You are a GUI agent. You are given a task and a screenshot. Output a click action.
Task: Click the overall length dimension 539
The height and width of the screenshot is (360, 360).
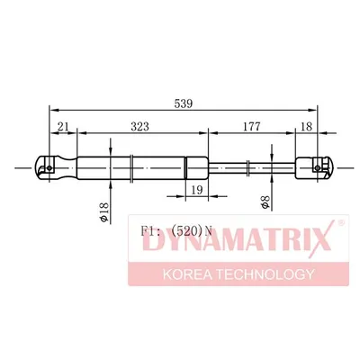183,103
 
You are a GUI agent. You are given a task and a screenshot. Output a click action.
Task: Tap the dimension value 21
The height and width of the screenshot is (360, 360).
63,127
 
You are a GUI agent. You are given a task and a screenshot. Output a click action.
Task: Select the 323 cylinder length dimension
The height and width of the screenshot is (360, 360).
139,127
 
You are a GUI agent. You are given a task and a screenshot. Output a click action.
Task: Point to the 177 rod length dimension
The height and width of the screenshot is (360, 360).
251,127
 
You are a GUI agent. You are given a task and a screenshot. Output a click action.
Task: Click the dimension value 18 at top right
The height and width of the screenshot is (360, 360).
306,127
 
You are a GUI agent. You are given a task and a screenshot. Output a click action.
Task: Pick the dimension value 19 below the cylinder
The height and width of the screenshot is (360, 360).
197,190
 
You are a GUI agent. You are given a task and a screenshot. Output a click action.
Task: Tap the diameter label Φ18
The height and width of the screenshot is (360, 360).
104,212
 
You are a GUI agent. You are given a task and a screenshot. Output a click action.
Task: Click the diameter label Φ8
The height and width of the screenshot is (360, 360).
265,202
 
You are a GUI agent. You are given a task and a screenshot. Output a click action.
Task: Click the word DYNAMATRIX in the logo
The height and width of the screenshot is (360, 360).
237,239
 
